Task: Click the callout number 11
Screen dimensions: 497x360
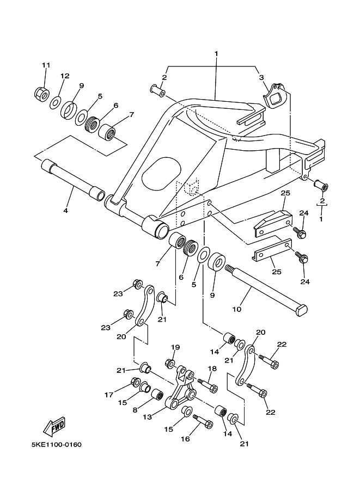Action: (x=46, y=65)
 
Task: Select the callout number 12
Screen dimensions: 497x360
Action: (x=65, y=76)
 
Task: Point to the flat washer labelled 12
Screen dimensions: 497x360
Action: (x=55, y=102)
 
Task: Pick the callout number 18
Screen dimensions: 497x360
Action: (x=212, y=369)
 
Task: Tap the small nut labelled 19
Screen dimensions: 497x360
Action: (x=169, y=363)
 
